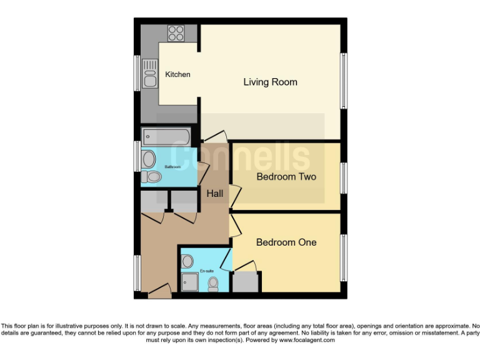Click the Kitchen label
(177, 75)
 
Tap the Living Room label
(270, 82)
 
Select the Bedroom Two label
(286, 177)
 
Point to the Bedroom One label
(286, 242)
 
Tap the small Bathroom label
(172, 167)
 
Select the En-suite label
(207, 271)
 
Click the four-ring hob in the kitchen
(176, 32)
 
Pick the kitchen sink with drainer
(150, 74)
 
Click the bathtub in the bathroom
(166, 136)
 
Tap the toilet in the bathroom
(151, 177)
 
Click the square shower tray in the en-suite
(190, 282)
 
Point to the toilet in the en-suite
(213, 284)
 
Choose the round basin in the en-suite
(187, 261)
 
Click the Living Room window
(343, 81)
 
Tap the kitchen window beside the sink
(137, 73)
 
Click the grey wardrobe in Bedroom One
(244, 282)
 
